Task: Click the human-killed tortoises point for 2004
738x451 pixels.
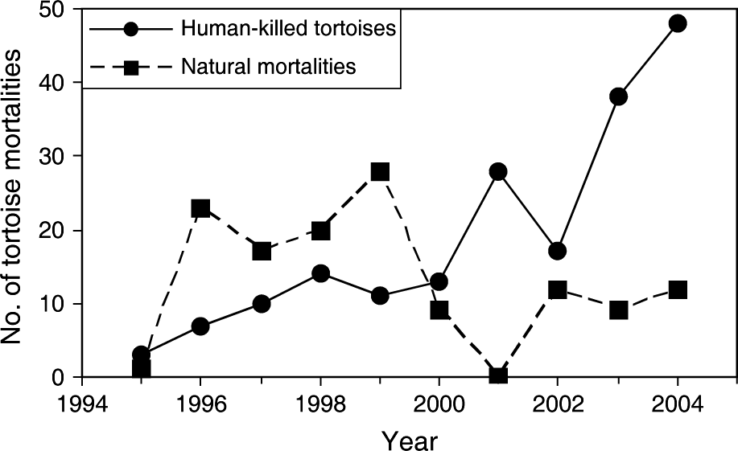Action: click(x=678, y=23)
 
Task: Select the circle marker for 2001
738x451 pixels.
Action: click(x=499, y=171)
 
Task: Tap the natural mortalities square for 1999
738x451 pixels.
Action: click(x=380, y=171)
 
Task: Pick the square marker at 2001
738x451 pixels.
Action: click(x=499, y=375)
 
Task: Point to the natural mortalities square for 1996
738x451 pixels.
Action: click(x=200, y=208)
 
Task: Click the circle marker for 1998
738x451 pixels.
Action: click(x=320, y=273)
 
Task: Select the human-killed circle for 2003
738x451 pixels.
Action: click(x=618, y=97)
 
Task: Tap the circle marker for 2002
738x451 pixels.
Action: click(x=558, y=252)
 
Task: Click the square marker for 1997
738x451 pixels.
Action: click(x=261, y=252)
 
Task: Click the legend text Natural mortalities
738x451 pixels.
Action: click(x=269, y=67)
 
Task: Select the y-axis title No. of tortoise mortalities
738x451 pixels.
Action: click(x=14, y=193)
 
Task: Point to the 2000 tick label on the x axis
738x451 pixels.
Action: click(x=439, y=400)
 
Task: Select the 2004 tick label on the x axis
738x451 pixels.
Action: click(x=678, y=400)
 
